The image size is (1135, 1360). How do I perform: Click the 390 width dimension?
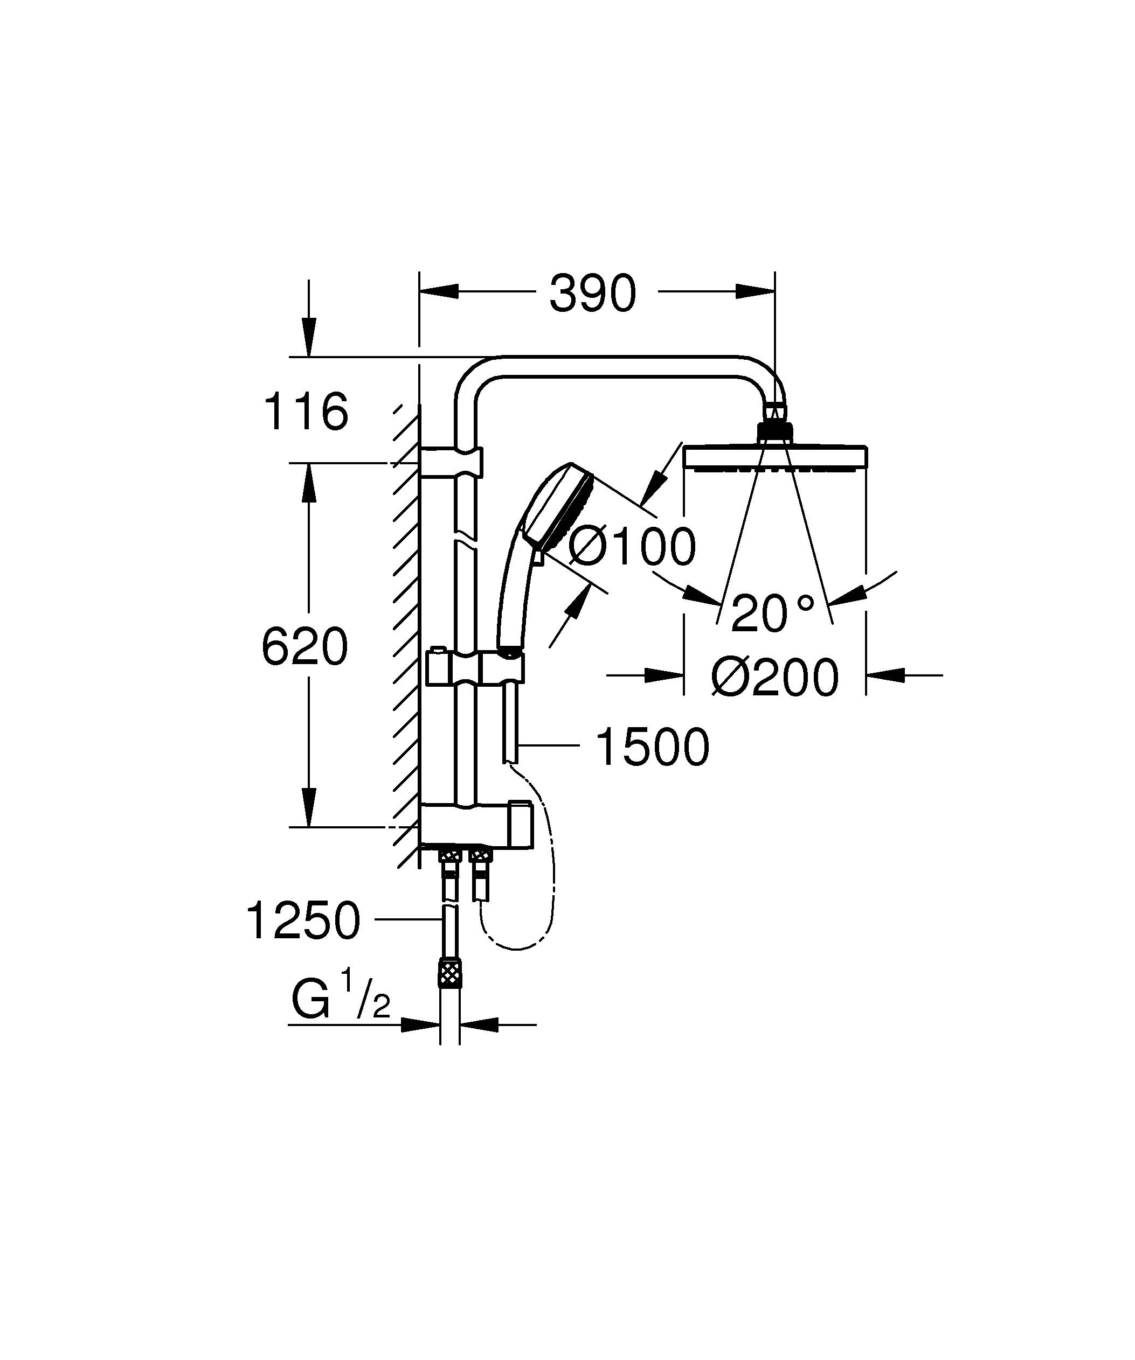click(x=593, y=294)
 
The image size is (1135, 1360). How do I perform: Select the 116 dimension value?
click(x=306, y=412)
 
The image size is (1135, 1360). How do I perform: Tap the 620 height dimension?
click(x=304, y=647)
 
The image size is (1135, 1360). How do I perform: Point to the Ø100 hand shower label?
click(x=632, y=547)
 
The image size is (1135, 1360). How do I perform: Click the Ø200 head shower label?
click(x=774, y=678)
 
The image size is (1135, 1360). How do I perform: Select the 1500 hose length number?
click(x=652, y=748)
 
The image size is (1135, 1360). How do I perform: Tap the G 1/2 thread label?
click(x=341, y=1002)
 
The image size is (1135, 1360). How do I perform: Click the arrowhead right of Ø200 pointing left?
click(x=884, y=675)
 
